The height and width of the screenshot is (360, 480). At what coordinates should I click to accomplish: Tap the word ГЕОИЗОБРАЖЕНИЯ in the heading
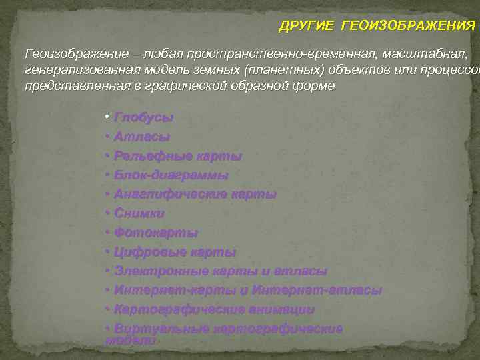tap(408, 26)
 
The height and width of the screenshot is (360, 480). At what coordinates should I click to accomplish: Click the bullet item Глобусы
tap(143, 117)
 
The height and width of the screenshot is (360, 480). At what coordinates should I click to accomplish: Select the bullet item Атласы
tap(141, 137)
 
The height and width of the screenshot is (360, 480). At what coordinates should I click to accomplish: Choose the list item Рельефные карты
tap(177, 156)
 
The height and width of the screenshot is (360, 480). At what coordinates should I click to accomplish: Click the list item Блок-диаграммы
tap(171, 175)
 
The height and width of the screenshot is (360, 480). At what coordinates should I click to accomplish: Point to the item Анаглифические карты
tap(195, 195)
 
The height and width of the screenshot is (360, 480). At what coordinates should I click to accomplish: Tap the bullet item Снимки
tap(139, 214)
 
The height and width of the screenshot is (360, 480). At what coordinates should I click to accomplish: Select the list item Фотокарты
tap(156, 233)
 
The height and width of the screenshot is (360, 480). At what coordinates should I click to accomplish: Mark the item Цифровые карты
tap(175, 253)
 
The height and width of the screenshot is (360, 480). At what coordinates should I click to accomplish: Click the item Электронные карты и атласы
tap(220, 272)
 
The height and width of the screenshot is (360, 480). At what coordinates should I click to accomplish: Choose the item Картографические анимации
tap(214, 310)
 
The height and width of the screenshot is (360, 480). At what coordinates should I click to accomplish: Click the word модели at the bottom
tap(131, 339)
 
